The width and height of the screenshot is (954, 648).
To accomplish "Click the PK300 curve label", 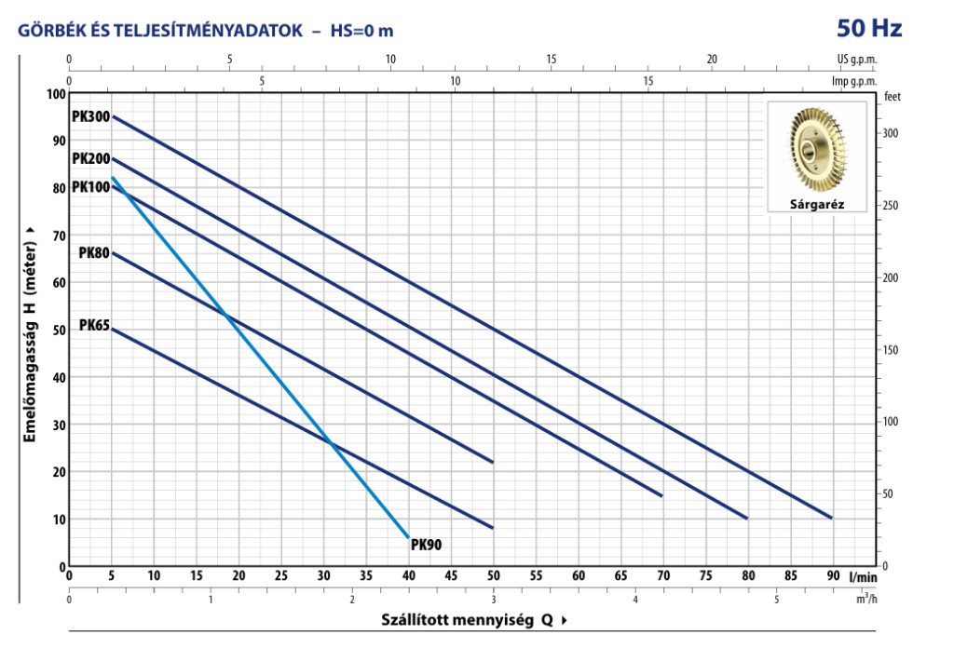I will point(90,116).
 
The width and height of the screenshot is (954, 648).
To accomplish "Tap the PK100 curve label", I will point(90,186).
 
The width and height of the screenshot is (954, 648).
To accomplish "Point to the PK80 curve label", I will point(94,252).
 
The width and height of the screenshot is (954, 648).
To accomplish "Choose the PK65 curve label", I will point(94,325).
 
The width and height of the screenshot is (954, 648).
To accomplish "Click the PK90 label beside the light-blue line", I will point(426,545).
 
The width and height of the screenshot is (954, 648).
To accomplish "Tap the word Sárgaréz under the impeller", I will point(816,204).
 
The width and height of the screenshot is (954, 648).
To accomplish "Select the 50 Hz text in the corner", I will point(869,28).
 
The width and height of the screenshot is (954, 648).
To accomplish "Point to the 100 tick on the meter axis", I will point(55,94).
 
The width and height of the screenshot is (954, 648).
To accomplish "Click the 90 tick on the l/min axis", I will point(833,576).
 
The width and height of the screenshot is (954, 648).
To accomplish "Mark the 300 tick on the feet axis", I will point(890,134).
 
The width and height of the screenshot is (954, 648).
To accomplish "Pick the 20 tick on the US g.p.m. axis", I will point(712,60).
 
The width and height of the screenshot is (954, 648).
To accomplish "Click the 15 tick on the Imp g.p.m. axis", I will point(648,81).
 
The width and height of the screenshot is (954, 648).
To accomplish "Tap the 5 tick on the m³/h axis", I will point(776,599).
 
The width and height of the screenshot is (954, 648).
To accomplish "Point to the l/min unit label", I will point(864,576).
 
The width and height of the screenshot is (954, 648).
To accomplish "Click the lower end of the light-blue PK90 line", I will point(408,537).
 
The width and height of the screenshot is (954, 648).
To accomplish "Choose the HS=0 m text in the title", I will point(362,31).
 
